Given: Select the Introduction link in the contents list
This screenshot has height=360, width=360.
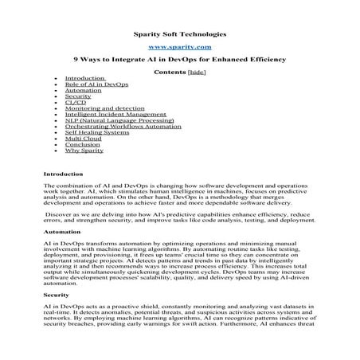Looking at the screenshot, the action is point(84,79).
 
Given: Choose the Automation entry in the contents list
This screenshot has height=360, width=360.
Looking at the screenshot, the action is point(83,91).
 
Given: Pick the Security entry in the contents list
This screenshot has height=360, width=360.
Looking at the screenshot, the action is point(78,96).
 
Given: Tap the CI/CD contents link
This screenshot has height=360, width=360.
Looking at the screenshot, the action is point(76,103).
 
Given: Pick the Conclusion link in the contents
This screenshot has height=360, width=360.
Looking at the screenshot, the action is point(82,144).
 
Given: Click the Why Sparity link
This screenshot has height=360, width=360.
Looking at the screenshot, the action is point(83,150).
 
